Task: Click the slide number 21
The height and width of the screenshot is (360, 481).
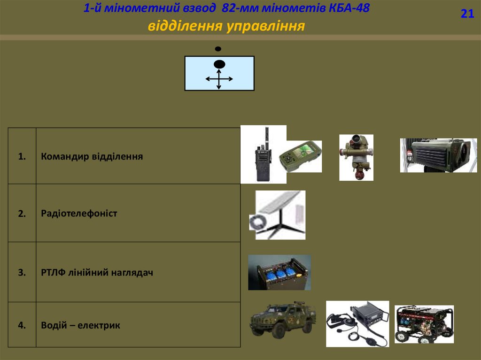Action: point(467,14)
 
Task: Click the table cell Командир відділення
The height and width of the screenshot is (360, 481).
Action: point(92,156)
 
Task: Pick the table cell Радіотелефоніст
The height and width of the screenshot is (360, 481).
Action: point(79,214)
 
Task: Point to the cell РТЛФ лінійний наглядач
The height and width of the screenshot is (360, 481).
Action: point(97,272)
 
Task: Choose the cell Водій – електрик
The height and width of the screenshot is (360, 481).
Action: point(80,325)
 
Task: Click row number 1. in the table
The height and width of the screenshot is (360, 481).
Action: point(22,156)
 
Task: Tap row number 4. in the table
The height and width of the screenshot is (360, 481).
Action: point(22,325)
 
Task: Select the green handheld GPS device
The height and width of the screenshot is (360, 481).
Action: point(301,156)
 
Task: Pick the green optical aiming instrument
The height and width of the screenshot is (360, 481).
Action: point(357,157)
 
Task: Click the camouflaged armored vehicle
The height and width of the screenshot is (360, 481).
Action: point(282,319)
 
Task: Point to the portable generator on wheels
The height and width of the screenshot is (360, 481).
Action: point(424,324)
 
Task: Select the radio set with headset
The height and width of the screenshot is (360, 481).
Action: point(357,323)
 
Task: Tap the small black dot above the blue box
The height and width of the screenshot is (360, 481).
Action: point(218,49)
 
